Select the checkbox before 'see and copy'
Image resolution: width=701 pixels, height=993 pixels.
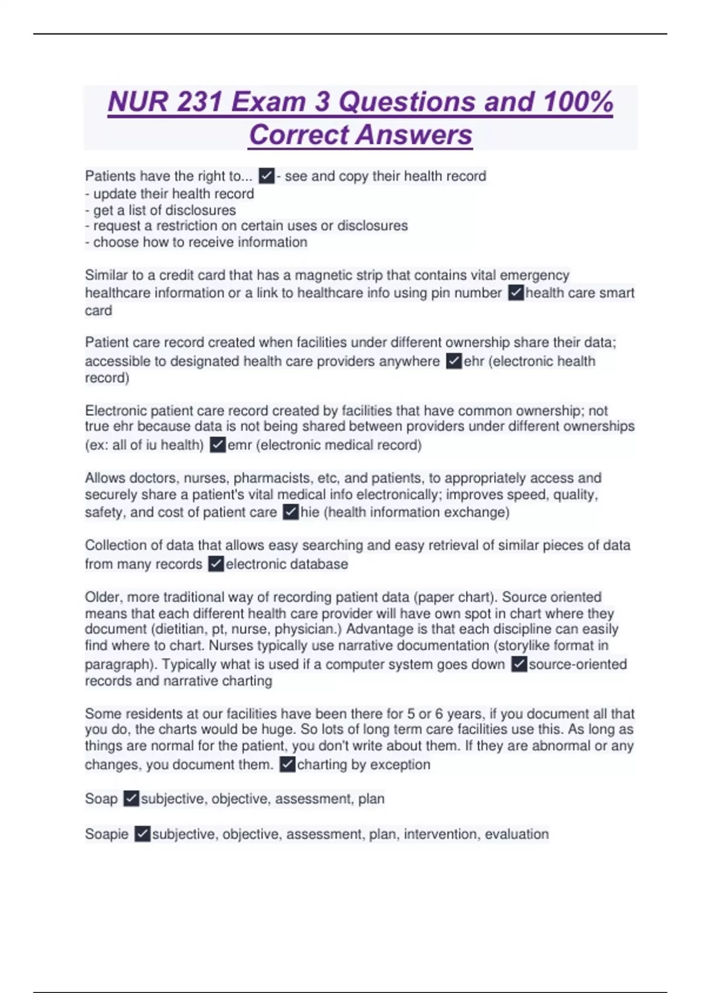point(266,176)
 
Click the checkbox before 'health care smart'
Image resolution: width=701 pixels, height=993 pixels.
point(516,293)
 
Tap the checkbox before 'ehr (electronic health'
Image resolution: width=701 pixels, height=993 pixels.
point(454,361)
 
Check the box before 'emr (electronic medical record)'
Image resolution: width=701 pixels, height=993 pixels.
point(218,445)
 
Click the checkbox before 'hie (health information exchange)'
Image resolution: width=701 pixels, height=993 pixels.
point(290,512)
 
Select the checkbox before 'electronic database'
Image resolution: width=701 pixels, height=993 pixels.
point(216,564)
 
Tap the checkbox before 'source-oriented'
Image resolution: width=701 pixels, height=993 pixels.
point(519,664)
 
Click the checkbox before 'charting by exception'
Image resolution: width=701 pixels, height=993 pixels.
point(287,765)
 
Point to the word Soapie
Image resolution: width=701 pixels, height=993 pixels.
point(106,834)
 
